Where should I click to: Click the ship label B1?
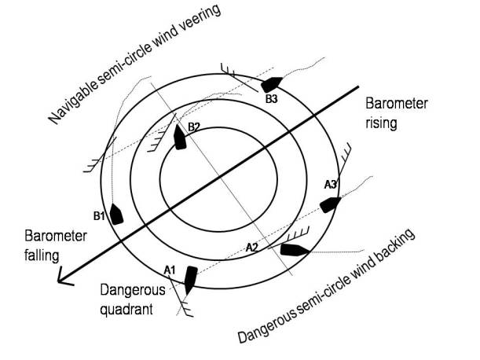tap(99, 215)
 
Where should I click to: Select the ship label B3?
tap(271, 99)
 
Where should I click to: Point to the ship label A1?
tap(169, 270)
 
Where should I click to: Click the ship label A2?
tap(252, 247)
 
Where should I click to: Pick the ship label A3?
tap(331, 184)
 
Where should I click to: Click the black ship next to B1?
tap(117, 214)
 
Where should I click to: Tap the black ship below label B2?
tap(181, 138)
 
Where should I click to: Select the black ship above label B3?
tap(271, 83)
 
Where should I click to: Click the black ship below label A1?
tap(189, 278)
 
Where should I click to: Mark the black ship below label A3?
tap(330, 204)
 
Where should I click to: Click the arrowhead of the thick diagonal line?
tap(61, 276)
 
